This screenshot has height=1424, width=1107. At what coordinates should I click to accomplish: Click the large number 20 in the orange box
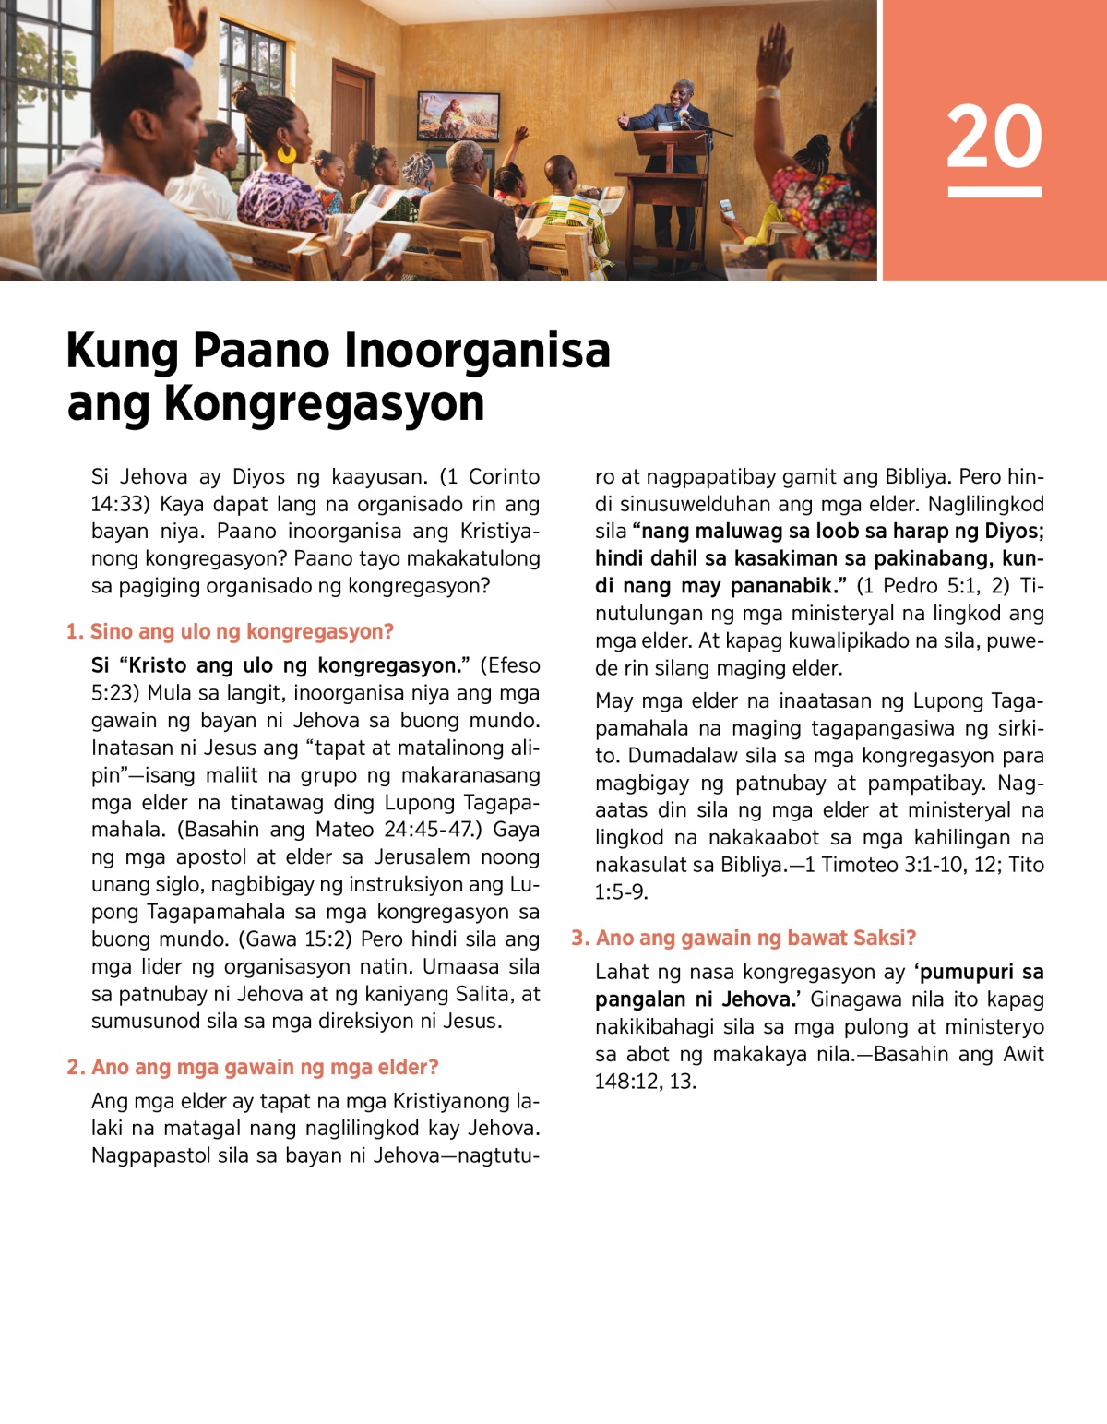994,137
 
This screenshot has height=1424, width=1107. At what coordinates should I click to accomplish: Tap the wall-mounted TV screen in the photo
458,115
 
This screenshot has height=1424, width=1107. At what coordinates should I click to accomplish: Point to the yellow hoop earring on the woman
287,153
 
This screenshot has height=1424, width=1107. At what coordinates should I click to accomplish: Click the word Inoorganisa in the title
477,351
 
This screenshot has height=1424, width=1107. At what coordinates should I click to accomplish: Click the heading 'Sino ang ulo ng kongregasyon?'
242,631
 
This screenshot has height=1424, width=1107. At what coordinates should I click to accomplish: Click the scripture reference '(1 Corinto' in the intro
489,476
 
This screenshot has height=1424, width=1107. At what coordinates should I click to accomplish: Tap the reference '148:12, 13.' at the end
646,1082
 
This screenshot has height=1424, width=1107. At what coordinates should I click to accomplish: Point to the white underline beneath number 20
994,192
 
